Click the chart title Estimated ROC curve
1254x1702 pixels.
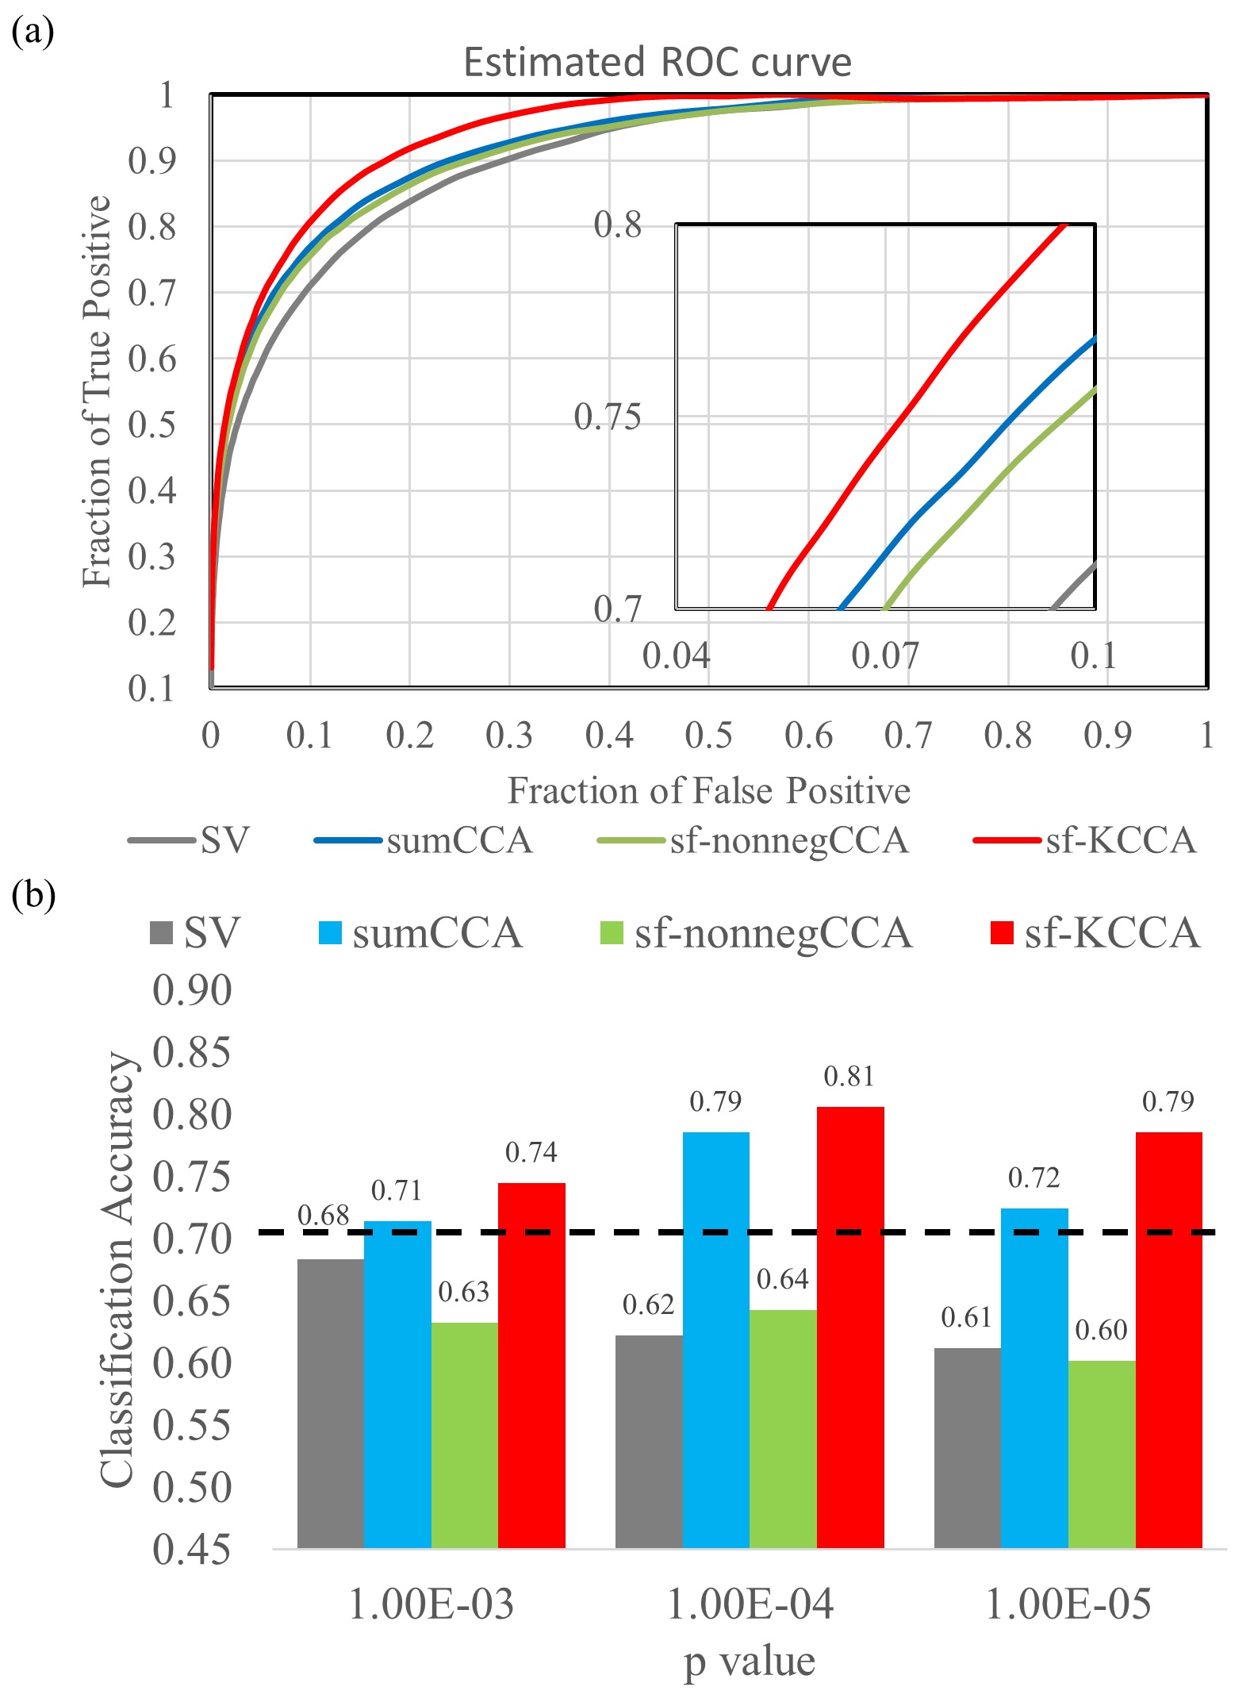[657, 62]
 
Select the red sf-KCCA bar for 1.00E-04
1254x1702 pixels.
[850, 1327]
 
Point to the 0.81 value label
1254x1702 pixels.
[849, 1077]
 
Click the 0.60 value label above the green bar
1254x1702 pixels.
[1101, 1330]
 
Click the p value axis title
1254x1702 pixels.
[750, 1661]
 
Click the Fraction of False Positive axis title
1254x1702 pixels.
[708, 791]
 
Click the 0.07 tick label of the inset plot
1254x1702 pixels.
[884, 656]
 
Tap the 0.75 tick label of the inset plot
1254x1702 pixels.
[607, 417]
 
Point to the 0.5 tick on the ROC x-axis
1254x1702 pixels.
[708, 736]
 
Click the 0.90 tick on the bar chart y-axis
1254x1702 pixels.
[192, 991]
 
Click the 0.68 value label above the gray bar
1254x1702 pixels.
[323, 1216]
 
